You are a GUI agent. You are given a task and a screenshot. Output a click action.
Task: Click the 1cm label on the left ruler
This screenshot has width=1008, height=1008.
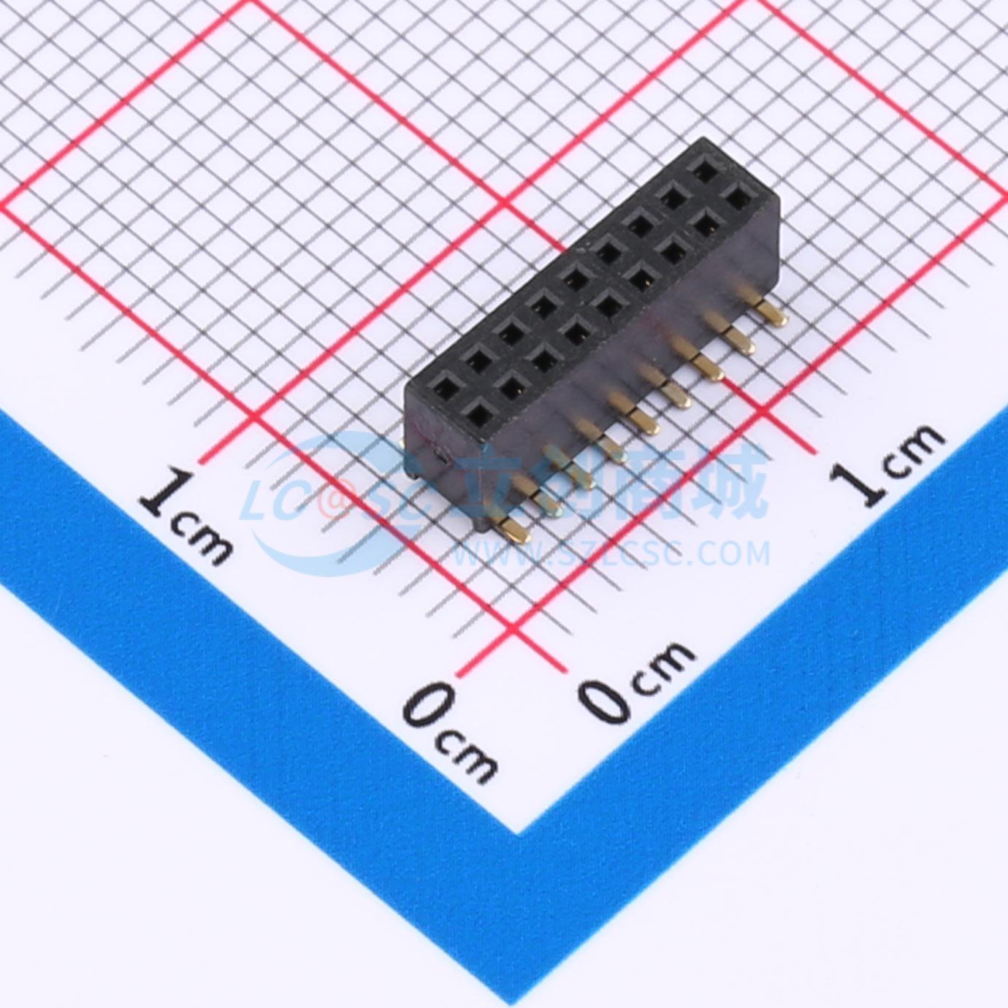185,518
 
